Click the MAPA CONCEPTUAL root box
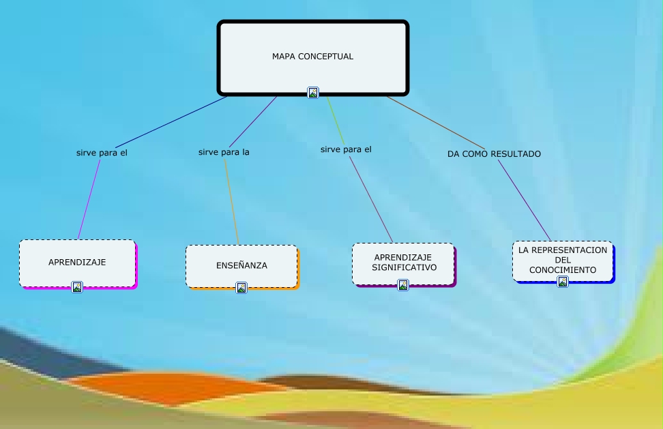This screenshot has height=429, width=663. click(313, 48)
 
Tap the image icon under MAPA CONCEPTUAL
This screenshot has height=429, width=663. click(313, 93)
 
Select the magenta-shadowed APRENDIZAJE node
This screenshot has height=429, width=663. click(77, 263)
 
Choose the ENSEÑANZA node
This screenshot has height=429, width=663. click(241, 265)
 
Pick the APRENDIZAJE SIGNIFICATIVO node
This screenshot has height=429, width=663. click(403, 263)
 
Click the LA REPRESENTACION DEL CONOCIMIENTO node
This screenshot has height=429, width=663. click(563, 260)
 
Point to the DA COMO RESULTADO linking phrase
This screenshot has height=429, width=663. click(494, 154)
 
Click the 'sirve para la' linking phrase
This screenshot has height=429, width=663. click(224, 152)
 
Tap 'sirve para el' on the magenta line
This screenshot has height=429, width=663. click(102, 153)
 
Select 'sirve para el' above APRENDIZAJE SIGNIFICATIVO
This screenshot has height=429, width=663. click(346, 149)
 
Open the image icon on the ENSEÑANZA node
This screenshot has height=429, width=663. click(241, 288)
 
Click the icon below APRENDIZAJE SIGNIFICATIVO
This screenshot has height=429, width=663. click(403, 285)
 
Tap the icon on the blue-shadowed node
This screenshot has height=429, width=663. click(563, 282)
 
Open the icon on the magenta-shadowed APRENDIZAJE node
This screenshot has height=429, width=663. click(77, 287)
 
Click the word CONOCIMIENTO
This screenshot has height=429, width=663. click(563, 270)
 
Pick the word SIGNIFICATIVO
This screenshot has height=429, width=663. click(404, 267)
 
